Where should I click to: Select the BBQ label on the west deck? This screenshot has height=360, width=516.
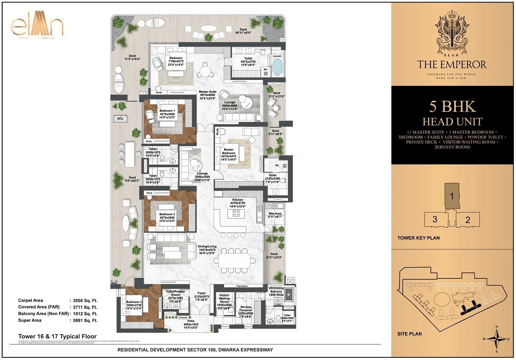click(x=120, y=118)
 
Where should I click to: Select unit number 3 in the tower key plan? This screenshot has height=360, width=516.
click(x=435, y=219)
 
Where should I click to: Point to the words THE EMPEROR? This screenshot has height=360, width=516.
click(x=451, y=65)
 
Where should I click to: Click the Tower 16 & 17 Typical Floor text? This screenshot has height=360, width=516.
click(x=57, y=336)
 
